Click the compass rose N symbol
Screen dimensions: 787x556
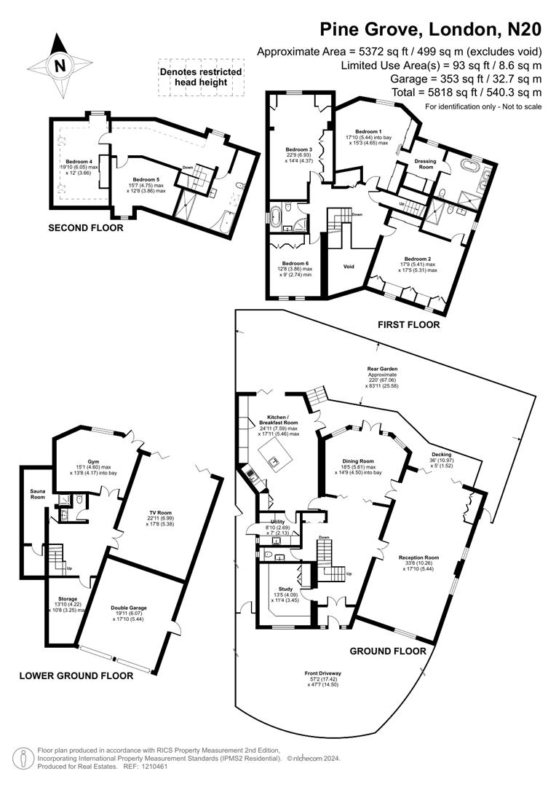(60, 65)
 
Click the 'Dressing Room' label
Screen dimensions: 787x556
(425, 164)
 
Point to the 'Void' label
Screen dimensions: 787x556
(349, 266)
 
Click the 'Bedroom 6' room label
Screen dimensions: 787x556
(295, 263)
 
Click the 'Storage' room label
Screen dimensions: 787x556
(68, 599)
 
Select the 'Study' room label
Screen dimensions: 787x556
(285, 589)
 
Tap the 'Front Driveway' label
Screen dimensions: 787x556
(324, 673)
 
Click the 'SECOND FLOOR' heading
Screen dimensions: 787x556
(85, 228)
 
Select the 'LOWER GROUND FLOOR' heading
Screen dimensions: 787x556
(76, 676)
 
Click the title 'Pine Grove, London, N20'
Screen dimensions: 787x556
(431, 29)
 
